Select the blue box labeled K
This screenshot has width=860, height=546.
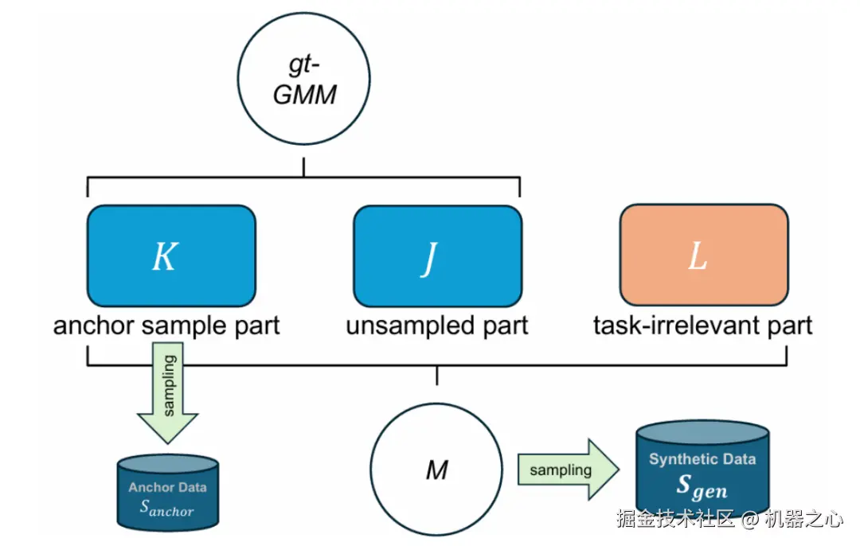[x=171, y=255]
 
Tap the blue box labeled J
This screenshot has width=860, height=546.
[x=437, y=255]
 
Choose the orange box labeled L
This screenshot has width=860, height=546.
[x=704, y=255]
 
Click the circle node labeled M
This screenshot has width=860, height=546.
[x=436, y=470]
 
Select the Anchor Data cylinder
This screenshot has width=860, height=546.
[x=167, y=493]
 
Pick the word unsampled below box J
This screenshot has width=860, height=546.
[x=401, y=326]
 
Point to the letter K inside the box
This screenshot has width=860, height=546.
[x=164, y=256]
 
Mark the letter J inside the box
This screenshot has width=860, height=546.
[x=429, y=257]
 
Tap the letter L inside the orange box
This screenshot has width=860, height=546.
[x=698, y=255]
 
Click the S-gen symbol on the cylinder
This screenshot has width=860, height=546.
[x=702, y=486]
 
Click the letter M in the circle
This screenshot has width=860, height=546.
[x=436, y=470]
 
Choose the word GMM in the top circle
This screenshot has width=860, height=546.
[x=304, y=96]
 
